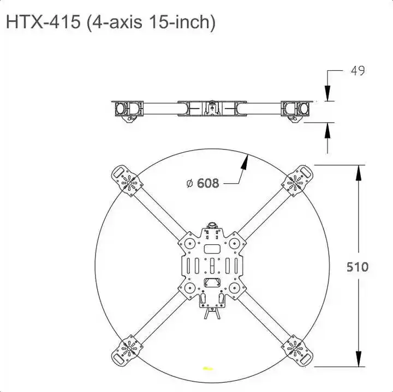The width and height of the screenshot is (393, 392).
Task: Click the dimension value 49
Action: (x=358, y=71)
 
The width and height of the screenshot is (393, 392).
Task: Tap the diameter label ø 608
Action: (x=203, y=183)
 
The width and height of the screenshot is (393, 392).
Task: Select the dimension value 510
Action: (x=358, y=267)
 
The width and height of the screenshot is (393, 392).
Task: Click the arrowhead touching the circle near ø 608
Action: (x=246, y=160)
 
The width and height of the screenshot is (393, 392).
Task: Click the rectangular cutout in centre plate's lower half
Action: (x=211, y=282)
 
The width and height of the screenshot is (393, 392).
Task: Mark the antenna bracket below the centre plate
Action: (x=212, y=315)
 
